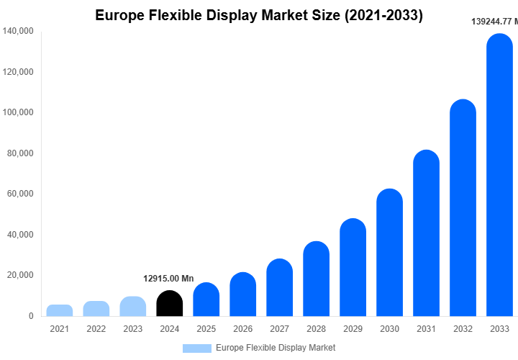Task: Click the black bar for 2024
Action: pyautogui.click(x=169, y=303)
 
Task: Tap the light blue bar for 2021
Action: pyautogui.click(x=60, y=310)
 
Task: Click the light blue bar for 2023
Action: pyautogui.click(x=132, y=306)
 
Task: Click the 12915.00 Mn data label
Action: pyautogui.click(x=169, y=279)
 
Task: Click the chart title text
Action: pyautogui.click(x=259, y=14)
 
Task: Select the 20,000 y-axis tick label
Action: pyautogui.click(x=20, y=275)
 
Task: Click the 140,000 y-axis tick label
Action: pyautogui.click(x=18, y=31)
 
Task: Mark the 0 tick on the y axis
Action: pyautogui.click(x=30, y=316)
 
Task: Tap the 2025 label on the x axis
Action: pyautogui.click(x=206, y=329)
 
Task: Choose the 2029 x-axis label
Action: pyautogui.click(x=353, y=329)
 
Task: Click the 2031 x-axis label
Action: pyautogui.click(x=426, y=329)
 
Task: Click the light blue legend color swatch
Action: pyautogui.click(x=196, y=348)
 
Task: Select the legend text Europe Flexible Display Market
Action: pyautogui.click(x=276, y=348)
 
